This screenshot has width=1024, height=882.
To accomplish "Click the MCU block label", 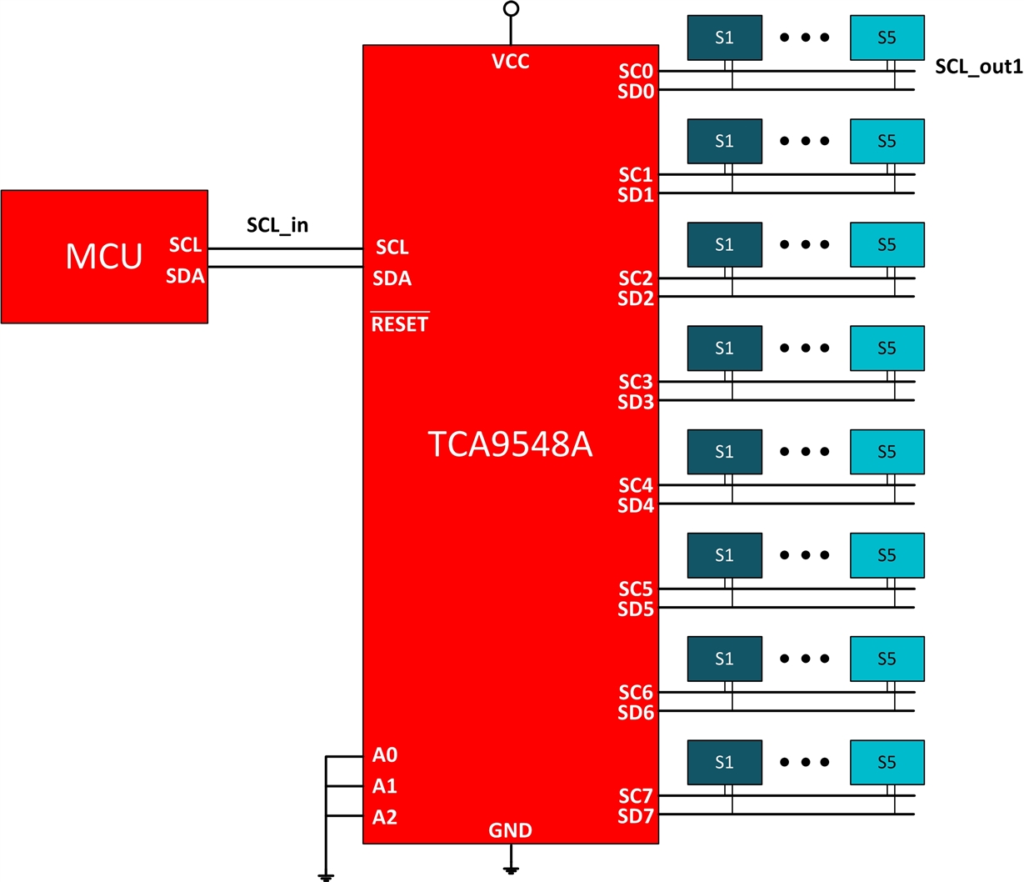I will [x=104, y=256].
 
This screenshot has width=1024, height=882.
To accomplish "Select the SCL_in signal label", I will [x=277, y=225].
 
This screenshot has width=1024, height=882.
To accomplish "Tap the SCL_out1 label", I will [x=978, y=67].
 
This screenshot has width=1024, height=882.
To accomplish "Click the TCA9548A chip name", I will [x=510, y=445].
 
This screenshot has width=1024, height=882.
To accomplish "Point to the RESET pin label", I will [x=400, y=324].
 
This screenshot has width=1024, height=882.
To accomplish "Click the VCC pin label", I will [x=511, y=61].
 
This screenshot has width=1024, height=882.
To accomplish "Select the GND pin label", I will [x=510, y=830].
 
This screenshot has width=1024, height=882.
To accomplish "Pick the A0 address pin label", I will [x=385, y=755].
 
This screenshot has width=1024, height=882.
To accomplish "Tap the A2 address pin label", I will [x=385, y=817].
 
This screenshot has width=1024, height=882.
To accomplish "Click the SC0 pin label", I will [x=636, y=72].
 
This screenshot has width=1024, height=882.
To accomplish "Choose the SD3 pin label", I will [x=636, y=402].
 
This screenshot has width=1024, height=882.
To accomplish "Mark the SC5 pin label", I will [x=636, y=589].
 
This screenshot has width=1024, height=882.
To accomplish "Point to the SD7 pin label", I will [x=636, y=816].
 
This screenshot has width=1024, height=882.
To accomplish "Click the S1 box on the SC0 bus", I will [x=724, y=38].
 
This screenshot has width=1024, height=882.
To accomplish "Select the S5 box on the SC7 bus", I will [x=887, y=762].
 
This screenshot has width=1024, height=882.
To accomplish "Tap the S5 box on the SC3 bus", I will [x=887, y=348].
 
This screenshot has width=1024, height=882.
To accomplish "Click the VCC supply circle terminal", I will [x=512, y=9].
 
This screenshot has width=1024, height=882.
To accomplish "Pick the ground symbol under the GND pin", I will [x=512, y=869].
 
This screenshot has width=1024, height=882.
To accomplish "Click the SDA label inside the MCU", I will [x=185, y=276].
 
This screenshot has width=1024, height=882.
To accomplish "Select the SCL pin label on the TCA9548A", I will [x=392, y=248].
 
